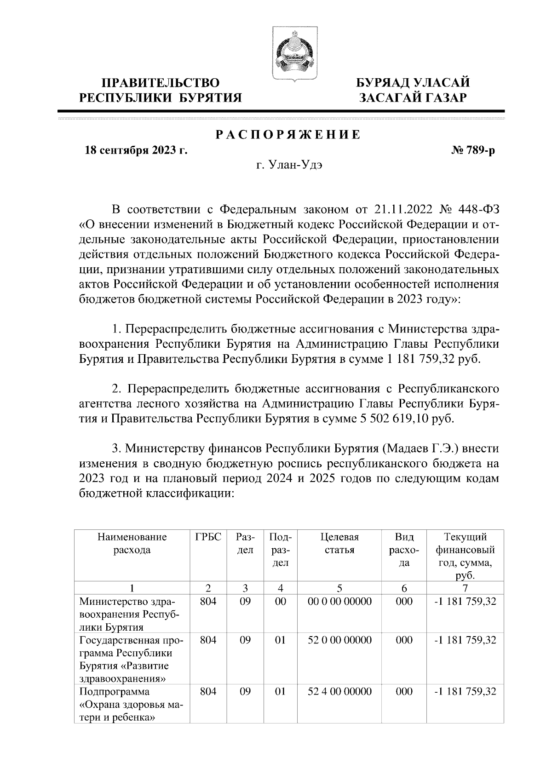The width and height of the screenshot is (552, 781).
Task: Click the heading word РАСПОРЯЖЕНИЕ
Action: [288, 135]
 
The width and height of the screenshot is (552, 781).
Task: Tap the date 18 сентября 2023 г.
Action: [136, 151]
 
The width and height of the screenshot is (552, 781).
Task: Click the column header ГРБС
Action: [208, 537]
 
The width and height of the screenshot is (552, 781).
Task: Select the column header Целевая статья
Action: [339, 543]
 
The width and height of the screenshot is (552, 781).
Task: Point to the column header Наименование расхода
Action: [132, 543]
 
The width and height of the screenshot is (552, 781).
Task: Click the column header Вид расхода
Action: [404, 550]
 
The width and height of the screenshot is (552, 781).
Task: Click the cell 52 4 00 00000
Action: [339, 691]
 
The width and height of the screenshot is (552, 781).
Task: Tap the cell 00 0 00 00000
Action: [339, 601]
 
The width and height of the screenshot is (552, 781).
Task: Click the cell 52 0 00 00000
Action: [339, 640]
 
